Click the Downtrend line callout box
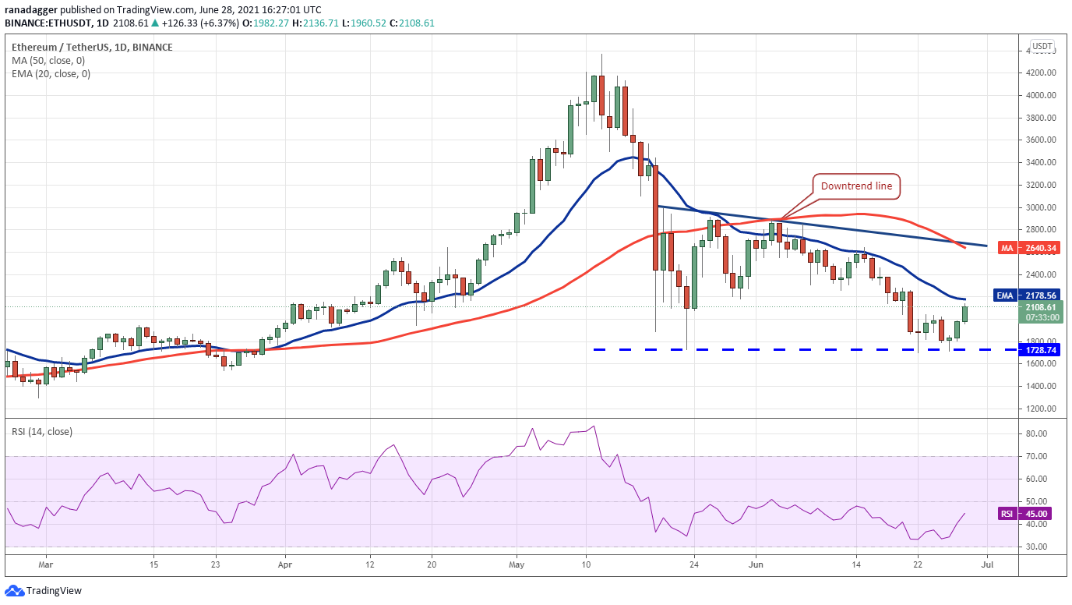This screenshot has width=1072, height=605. click(x=856, y=186)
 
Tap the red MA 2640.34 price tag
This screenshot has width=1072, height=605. click(x=1029, y=248)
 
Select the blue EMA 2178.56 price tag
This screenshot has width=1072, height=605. click(x=1027, y=295)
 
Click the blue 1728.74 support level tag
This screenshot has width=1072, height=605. click(x=1040, y=350)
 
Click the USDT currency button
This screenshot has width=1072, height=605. click(x=1042, y=47)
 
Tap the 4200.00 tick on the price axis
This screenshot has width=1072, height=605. click(x=1040, y=73)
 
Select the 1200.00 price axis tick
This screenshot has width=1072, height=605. click(x=1040, y=409)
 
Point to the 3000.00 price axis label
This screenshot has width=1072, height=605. click(x=1040, y=207)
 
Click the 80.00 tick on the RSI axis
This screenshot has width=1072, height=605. click(x=1038, y=433)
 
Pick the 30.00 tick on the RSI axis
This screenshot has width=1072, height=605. click(x=1038, y=547)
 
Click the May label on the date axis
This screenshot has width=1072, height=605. click(x=517, y=564)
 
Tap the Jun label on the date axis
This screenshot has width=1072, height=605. click(x=756, y=564)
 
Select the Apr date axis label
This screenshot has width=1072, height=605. click(x=285, y=564)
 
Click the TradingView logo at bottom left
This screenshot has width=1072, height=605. click(x=43, y=591)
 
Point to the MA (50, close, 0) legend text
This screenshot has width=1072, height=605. click(x=48, y=60)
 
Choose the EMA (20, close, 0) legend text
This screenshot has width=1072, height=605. click(x=51, y=74)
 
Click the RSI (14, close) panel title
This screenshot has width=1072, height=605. click(x=42, y=432)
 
